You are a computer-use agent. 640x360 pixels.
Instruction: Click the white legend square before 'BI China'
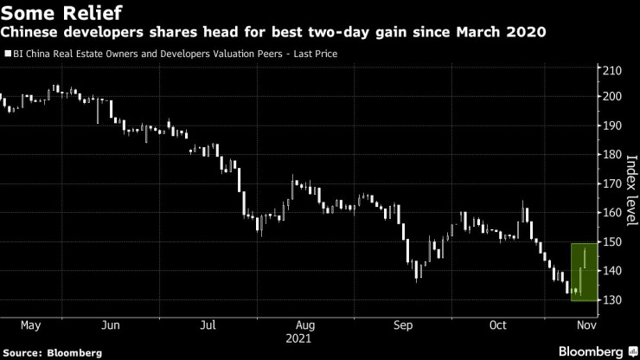click(8, 54)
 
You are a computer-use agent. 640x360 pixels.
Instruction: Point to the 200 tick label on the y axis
click(612, 96)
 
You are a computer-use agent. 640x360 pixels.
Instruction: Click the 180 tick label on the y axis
click(612, 155)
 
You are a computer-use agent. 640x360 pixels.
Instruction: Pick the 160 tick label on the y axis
click(612, 213)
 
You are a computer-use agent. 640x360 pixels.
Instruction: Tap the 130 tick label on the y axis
click(612, 300)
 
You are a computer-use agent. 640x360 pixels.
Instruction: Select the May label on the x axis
click(32, 325)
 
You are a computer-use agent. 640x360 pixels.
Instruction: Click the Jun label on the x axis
click(110, 325)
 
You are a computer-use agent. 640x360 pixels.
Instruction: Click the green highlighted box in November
click(583, 273)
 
